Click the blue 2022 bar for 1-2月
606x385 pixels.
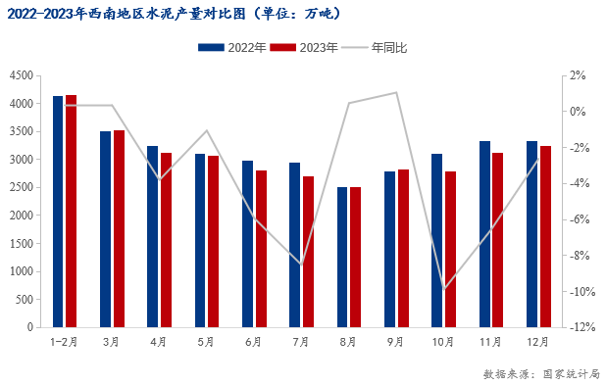pos(58,212)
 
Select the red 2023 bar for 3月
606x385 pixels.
pos(119,228)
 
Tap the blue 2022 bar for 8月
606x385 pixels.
pos(342,257)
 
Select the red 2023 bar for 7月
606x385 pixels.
pos(308,252)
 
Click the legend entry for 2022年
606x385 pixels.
pos(231,48)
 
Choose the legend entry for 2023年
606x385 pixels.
pos(304,48)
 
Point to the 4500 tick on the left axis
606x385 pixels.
pos(21,75)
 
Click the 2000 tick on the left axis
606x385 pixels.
pos(21,216)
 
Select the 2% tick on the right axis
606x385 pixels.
pos(579,75)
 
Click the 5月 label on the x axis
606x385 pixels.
pos(206,342)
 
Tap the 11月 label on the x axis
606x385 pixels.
pos(490,342)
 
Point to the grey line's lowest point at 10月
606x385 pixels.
pos(443,289)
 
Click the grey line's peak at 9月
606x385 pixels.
pos(396,93)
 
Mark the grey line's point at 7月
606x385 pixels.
pos(301,265)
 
